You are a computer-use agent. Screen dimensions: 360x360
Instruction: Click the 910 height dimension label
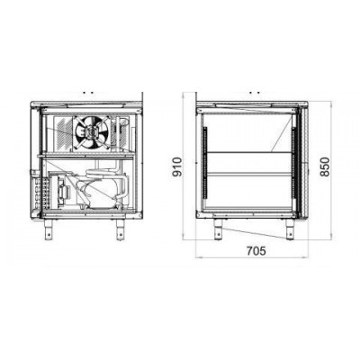178,167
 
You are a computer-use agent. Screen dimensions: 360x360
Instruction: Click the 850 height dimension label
325,166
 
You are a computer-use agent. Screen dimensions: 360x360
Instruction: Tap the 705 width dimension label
256,251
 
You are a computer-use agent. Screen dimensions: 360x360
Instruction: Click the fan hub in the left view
90,131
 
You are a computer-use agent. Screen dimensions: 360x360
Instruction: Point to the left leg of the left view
49,229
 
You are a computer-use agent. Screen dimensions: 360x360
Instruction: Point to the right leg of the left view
121,229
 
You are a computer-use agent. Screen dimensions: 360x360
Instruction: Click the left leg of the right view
218,229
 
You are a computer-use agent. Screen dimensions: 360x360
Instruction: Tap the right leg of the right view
290,229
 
